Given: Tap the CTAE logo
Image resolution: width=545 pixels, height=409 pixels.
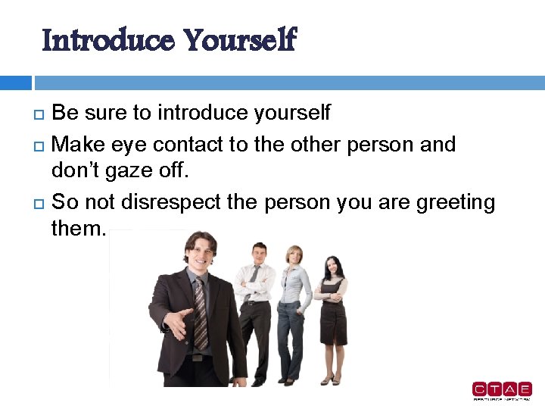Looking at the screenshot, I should click(502, 390).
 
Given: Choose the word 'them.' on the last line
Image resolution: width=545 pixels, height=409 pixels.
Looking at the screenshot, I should click(79, 228).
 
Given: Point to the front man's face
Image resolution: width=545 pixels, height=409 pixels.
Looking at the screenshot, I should click(200, 254).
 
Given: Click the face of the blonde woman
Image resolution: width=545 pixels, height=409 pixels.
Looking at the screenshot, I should click(294, 256).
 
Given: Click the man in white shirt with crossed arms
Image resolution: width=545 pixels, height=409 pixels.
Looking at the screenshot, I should click(256, 303).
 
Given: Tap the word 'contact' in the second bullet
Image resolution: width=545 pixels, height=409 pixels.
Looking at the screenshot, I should click(192, 145).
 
